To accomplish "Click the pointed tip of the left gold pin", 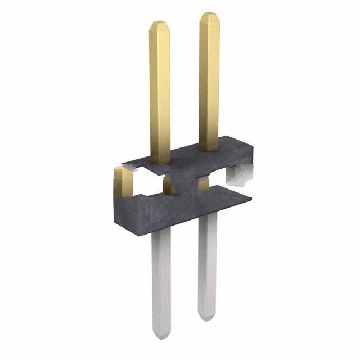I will [x=159, y=24].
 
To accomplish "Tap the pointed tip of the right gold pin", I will [x=209, y=13].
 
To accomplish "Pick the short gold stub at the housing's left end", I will [x=123, y=183].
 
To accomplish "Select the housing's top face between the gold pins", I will [x=186, y=155].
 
